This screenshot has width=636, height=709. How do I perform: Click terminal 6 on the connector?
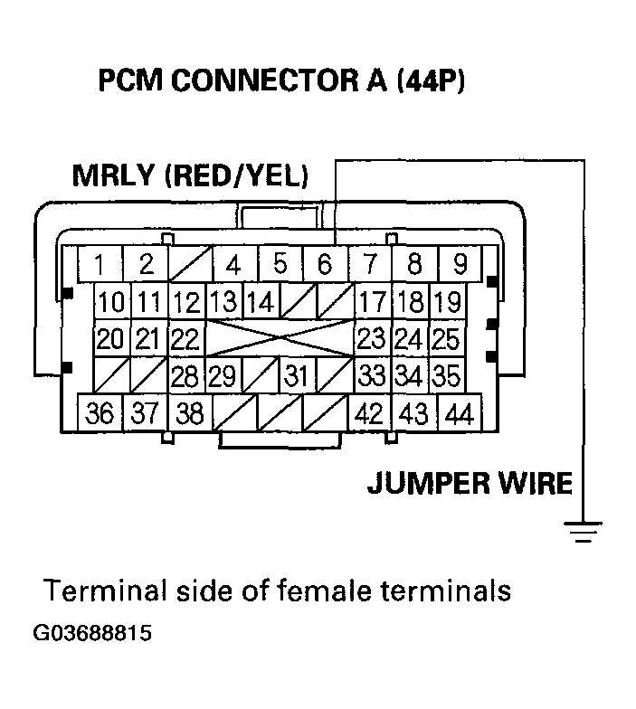(x=325, y=265)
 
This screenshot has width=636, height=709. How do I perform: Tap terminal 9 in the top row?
(x=460, y=265)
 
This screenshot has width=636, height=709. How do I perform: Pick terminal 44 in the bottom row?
(x=459, y=414)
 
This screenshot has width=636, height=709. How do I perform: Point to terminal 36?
(x=100, y=414)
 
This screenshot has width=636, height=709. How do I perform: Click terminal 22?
(x=186, y=339)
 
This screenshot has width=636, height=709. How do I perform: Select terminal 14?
(x=261, y=302)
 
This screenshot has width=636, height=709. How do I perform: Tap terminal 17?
(x=372, y=302)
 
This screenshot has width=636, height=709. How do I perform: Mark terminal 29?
(x=223, y=375)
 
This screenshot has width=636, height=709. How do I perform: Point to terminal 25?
(x=445, y=339)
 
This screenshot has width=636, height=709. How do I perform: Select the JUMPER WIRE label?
(x=470, y=483)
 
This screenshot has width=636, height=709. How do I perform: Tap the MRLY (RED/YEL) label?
(x=189, y=175)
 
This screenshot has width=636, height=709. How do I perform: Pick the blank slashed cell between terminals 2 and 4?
(x=189, y=265)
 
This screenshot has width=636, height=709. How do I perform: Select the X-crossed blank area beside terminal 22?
(x=280, y=339)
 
